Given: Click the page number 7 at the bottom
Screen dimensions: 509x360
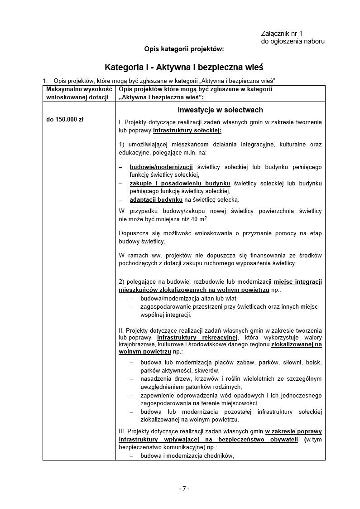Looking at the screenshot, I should point(183,488).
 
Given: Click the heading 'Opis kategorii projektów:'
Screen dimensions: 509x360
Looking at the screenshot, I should point(184,48).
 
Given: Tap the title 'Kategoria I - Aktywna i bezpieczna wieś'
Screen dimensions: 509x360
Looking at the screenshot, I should point(184,67).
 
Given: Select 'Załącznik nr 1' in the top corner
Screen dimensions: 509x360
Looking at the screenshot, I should point(281,34).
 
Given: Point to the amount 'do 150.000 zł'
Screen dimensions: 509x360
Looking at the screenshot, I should point(65,120).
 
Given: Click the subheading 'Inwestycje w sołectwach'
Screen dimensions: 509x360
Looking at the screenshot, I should point(220,110).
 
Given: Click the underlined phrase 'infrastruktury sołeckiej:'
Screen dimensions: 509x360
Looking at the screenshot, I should point(187,131).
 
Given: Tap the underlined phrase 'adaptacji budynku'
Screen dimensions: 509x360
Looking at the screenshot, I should point(156,199).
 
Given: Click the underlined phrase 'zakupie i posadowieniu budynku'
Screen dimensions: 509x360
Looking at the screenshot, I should point(180,183).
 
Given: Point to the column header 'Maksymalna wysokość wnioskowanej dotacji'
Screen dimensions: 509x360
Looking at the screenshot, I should point(79,93).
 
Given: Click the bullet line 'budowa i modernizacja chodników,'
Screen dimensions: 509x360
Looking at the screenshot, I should point(187,456).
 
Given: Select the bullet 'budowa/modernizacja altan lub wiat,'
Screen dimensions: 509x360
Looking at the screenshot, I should point(189,299).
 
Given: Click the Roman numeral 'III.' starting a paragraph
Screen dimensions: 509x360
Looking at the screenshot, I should point(123,431).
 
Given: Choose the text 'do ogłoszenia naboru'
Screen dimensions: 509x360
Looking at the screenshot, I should point(293,41).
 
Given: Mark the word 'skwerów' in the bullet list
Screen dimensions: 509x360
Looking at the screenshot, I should point(184,370).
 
